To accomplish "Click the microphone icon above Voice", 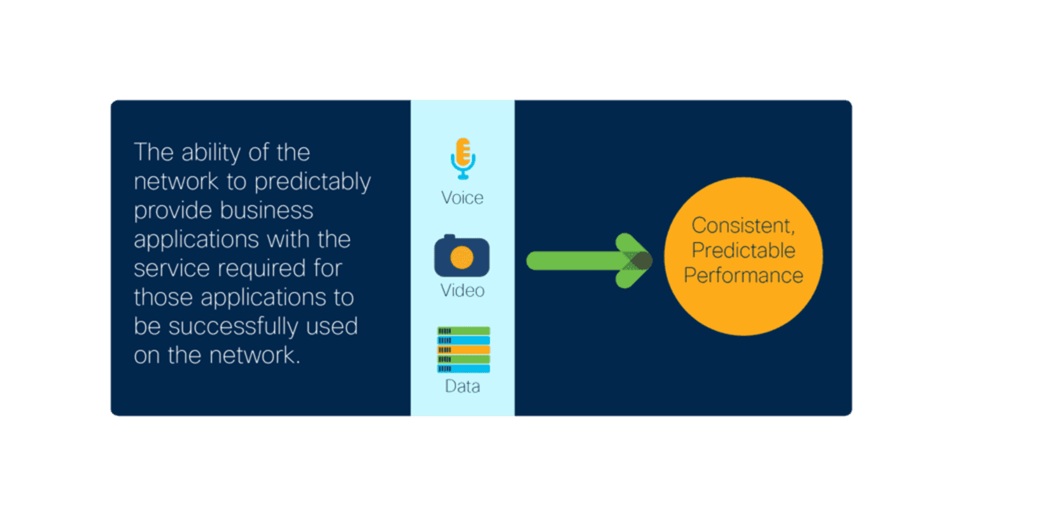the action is (463, 159).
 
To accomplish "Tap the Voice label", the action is (462, 198).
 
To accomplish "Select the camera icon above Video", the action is (462, 256).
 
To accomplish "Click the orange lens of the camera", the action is (462, 258).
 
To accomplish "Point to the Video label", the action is (462, 291).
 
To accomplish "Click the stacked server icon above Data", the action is (463, 350).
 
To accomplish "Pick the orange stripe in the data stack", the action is (463, 350).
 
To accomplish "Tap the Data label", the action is (462, 386).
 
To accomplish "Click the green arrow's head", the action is (634, 261).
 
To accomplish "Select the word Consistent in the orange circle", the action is (743, 226).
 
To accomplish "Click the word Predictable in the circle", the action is (743, 251).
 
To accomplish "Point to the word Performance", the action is (743, 275).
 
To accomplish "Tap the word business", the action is (267, 210).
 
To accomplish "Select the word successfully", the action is (233, 327).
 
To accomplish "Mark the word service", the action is (172, 268).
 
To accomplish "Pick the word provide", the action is (173, 211).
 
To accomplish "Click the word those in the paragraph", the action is (163, 297).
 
